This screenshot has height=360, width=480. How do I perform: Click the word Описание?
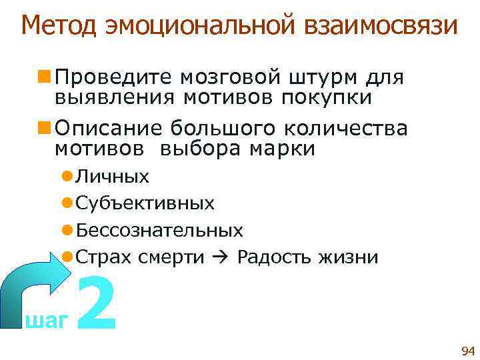pos(104,127)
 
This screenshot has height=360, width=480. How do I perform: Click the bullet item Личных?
pos(113,177)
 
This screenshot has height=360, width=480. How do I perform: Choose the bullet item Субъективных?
pos(145,203)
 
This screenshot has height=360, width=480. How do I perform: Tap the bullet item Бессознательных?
pos(159,231)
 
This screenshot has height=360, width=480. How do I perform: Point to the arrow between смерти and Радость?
pos(221,257)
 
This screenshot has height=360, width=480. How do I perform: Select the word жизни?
pos(349,257)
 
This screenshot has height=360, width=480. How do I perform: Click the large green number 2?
pos(97,303)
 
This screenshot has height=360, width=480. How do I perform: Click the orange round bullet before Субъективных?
pos(67,203)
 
